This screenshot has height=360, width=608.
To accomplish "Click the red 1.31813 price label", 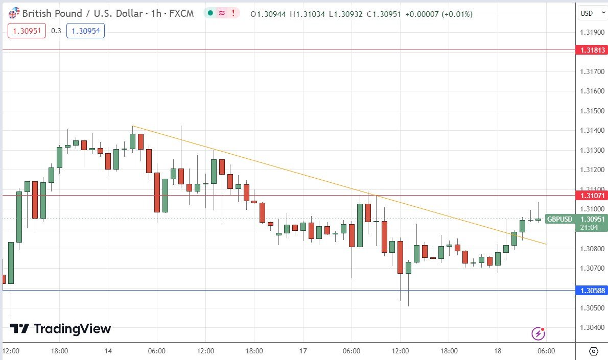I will [592, 50].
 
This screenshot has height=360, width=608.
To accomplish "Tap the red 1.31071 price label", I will [592, 195].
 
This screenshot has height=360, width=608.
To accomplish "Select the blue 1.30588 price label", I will [592, 291].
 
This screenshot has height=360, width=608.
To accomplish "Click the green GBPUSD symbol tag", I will [560, 219].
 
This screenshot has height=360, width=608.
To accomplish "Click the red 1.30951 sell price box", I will [27, 31].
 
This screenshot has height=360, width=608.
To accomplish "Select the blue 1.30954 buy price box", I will [85, 31].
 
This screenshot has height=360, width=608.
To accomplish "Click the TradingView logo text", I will [72, 329].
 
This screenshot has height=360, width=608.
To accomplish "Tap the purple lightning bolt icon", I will [538, 334].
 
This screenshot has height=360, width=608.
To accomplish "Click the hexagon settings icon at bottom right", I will [593, 351].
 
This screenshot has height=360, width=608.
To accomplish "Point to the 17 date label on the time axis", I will [303, 351].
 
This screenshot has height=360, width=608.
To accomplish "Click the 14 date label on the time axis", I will [108, 351].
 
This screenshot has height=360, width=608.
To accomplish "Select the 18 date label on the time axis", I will [498, 351].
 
